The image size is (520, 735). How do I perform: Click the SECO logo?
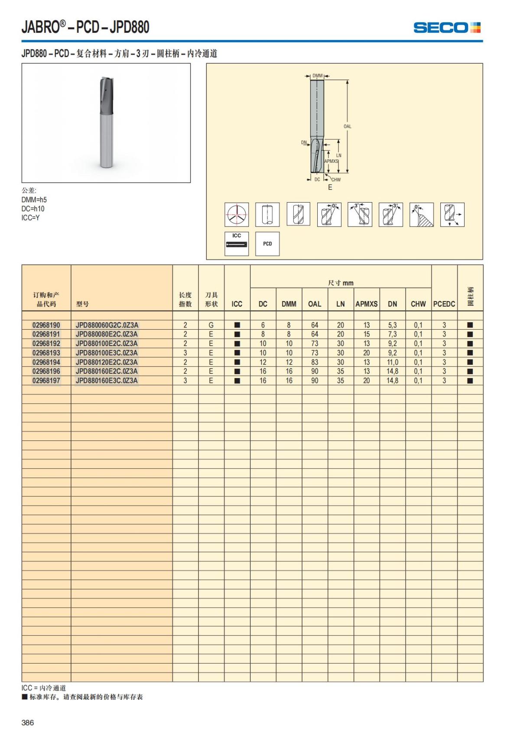tap(447, 28)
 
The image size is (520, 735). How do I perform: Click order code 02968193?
tap(46, 353)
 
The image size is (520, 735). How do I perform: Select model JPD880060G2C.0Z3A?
tap(107, 325)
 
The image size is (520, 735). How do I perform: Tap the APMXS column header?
tap(367, 304)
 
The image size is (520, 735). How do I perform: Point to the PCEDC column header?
tap(444, 304)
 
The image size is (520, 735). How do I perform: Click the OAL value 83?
tap(315, 362)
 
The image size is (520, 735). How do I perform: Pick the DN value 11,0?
tap(393, 362)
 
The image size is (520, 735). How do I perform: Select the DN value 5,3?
tap(393, 325)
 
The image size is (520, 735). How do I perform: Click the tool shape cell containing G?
tap(211, 325)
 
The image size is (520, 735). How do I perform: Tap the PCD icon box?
tap(267, 244)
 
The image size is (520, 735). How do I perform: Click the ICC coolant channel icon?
tap(237, 243)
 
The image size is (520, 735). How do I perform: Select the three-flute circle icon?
tap(237, 214)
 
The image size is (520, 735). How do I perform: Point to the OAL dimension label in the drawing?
tap(348, 126)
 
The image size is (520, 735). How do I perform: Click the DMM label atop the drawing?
tap(318, 76)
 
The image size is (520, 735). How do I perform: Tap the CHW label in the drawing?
tap(336, 180)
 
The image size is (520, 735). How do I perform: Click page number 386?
tap(28, 722)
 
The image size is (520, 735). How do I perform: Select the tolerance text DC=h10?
tap(33, 209)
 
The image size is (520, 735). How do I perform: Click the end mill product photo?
tap(106, 123)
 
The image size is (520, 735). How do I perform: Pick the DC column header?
tap(263, 304)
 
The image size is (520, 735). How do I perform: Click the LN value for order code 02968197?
tap(341, 381)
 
